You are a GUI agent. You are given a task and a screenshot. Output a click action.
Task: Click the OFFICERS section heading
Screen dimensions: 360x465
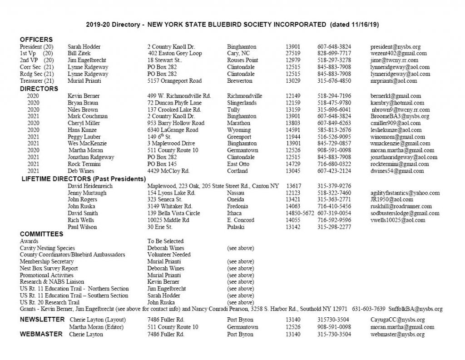click(36, 40)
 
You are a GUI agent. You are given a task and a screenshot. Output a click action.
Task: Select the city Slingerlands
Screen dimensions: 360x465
click(244, 103)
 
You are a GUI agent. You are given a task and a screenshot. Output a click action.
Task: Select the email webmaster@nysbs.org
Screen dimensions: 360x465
click(398, 335)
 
